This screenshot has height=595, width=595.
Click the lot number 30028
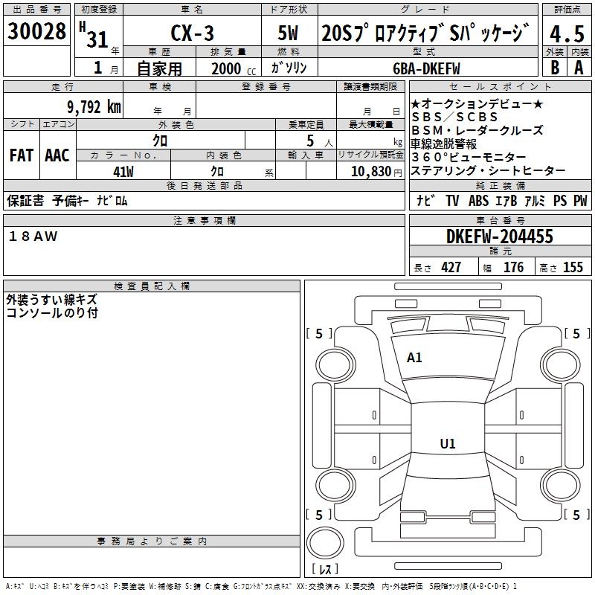click(x=36, y=31)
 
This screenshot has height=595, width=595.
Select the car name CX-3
click(x=192, y=33)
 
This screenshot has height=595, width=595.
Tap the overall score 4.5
click(x=567, y=34)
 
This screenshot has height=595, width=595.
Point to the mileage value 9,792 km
click(x=94, y=107)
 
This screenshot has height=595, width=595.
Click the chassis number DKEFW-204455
click(x=499, y=237)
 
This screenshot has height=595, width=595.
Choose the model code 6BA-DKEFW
click(x=426, y=68)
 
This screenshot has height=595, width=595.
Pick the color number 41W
click(x=123, y=172)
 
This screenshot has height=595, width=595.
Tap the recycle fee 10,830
click(x=371, y=172)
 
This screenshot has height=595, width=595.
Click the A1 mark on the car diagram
click(x=414, y=358)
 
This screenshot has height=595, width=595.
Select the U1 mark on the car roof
click(x=448, y=443)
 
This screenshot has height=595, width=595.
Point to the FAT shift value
click(x=22, y=155)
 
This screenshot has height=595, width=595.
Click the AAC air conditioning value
click(x=57, y=155)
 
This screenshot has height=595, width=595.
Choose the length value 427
click(x=451, y=267)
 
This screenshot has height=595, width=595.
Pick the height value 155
click(x=573, y=267)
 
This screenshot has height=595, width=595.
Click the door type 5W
click(x=288, y=33)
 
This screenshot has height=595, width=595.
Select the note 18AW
click(x=33, y=237)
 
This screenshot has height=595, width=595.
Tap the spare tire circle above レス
click(x=325, y=543)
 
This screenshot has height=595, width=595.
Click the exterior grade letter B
click(x=555, y=68)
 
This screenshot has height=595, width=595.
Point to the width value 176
click(x=513, y=267)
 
